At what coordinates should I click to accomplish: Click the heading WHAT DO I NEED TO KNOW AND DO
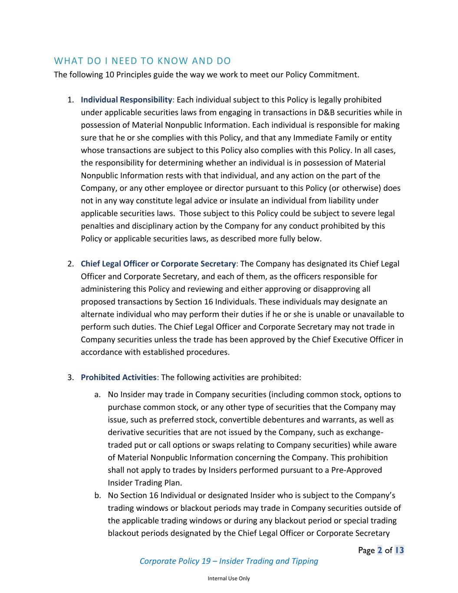pyautogui.click(x=142, y=61)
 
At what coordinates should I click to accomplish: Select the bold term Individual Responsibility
pyautogui.click(x=126, y=100)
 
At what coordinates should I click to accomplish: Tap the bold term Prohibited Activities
pyautogui.click(x=119, y=378)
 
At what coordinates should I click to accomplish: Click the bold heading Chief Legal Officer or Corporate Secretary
pyautogui.click(x=158, y=264)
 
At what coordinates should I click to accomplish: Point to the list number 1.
pyautogui.click(x=70, y=100)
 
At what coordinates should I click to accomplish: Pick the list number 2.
pyautogui.click(x=70, y=264)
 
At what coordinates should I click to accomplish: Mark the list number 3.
pyautogui.click(x=70, y=378)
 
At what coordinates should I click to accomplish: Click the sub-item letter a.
pyautogui.click(x=97, y=395)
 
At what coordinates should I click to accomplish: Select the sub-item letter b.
pyautogui.click(x=97, y=496)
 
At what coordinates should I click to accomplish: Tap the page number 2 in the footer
pyautogui.click(x=380, y=550)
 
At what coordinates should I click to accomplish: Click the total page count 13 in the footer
pyautogui.click(x=399, y=550)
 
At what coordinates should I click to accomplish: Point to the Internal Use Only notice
pyautogui.click(x=229, y=579)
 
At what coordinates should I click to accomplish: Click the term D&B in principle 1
pyautogui.click(x=326, y=113)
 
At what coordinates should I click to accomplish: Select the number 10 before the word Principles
pyautogui.click(x=110, y=75)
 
